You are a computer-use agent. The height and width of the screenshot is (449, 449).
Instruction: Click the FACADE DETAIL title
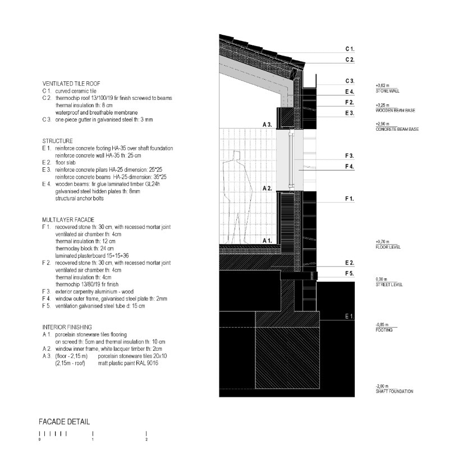[x=65, y=421]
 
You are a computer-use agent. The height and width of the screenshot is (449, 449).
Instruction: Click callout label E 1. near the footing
[x=349, y=317]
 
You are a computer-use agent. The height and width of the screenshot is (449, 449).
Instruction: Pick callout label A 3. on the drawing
[x=267, y=123]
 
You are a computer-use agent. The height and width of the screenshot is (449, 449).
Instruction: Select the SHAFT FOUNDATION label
[x=394, y=391]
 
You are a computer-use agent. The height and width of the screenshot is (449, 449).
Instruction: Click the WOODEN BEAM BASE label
[x=395, y=110]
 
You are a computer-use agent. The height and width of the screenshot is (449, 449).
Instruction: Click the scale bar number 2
[x=146, y=439]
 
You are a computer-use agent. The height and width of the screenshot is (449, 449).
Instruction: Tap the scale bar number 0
[x=39, y=439]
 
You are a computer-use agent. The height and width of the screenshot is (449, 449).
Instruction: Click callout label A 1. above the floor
[x=267, y=240]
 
